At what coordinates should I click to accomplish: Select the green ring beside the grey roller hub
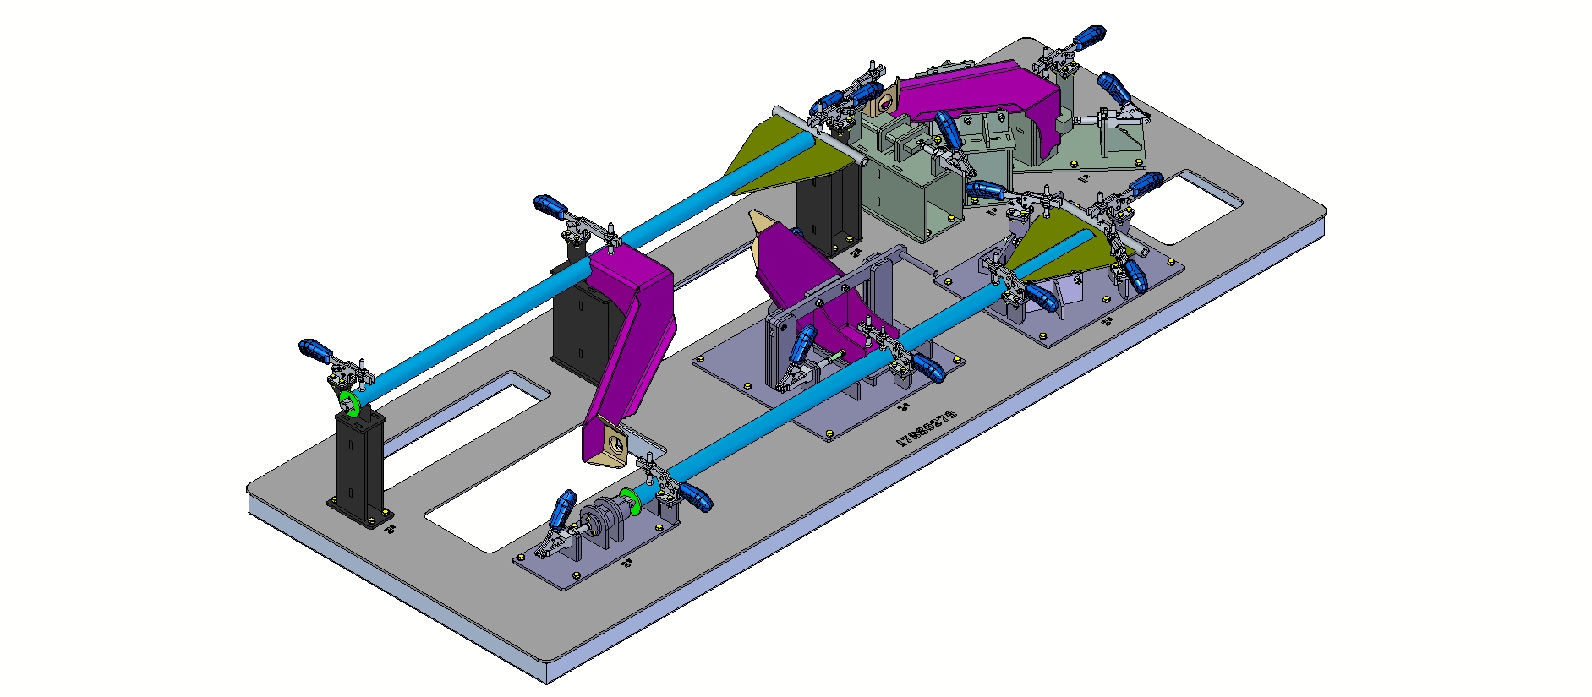point(627,497)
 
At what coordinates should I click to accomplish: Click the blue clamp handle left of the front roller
point(562,510)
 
